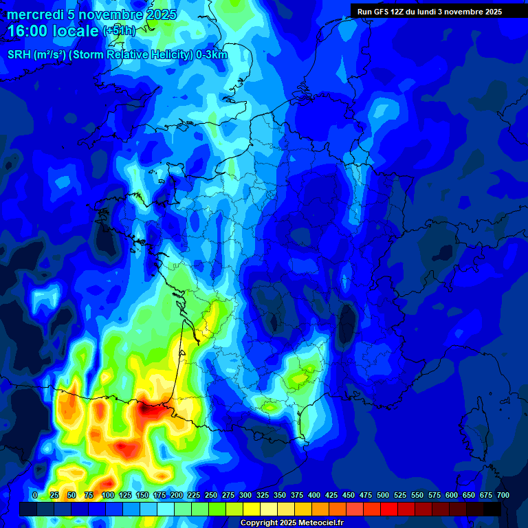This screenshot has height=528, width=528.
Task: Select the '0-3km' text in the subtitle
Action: pyautogui.click(x=212, y=55)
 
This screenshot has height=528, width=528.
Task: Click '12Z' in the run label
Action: pyautogui.click(x=399, y=12)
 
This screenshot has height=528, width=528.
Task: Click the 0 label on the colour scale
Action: pyautogui.click(x=35, y=496)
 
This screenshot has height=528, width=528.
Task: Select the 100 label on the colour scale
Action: pyautogui.click(x=107, y=496)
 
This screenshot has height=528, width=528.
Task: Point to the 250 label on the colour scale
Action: pyautogui.click(x=211, y=496)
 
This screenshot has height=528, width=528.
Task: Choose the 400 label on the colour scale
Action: pyautogui.click(x=314, y=496)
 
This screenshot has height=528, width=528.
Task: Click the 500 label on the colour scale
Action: pyautogui.click(x=383, y=496)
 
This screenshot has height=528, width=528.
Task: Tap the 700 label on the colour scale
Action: pyautogui.click(x=503, y=496)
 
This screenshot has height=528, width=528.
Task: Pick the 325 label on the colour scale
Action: pyautogui.click(x=263, y=496)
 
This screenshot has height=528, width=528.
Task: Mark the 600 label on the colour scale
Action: pyautogui.click(x=452, y=496)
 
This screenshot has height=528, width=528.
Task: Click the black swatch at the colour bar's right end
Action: pyautogui.click(x=492, y=509)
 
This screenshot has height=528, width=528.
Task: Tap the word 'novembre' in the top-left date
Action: pyautogui.click(x=104, y=14)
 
